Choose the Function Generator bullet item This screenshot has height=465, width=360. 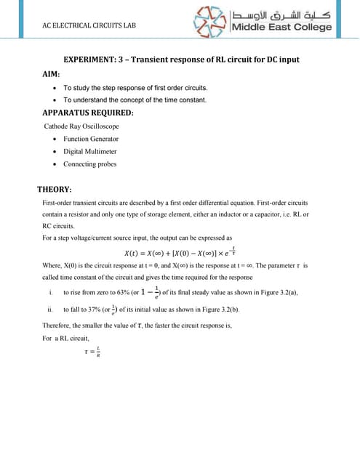pyautogui.click(x=90, y=138)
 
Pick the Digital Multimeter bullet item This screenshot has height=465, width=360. pyautogui.click(x=89, y=151)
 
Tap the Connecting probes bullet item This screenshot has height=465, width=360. pyautogui.click(x=89, y=163)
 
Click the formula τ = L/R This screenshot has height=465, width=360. pyautogui.click(x=92, y=352)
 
